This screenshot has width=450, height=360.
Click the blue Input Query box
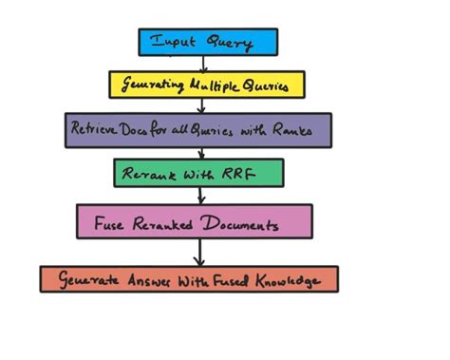[x=208, y=42]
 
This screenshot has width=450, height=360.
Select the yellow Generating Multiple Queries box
[x=207, y=85]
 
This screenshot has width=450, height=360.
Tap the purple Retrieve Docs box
[x=198, y=130]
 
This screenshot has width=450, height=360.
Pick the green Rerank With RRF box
[x=198, y=173]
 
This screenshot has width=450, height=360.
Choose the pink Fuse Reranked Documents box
[x=194, y=222]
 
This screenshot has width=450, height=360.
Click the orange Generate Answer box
[x=189, y=279]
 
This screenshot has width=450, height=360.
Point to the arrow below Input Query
[x=202, y=63]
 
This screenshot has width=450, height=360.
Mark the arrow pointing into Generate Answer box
[x=198, y=252]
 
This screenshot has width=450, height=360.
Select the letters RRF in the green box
[x=242, y=173]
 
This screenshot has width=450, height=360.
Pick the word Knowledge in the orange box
[x=296, y=280]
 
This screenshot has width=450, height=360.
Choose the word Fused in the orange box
[x=232, y=280]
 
